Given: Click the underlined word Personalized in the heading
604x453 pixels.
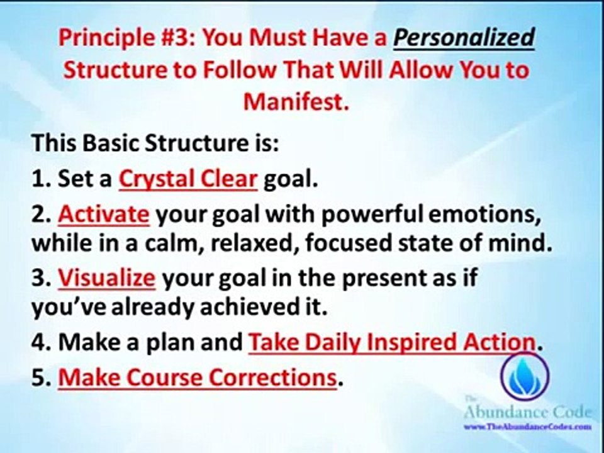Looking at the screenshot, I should (464, 39).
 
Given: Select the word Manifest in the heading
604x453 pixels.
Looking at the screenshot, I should (295, 101).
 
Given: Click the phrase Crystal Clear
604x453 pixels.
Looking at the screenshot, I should (188, 179).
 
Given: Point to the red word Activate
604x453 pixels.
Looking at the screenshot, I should (104, 215).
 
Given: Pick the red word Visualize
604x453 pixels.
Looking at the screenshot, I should (106, 277).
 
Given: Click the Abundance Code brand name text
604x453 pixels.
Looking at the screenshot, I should (527, 413).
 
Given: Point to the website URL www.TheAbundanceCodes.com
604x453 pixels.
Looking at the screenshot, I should (527, 427).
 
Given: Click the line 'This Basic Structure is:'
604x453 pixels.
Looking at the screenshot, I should (155, 143).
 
